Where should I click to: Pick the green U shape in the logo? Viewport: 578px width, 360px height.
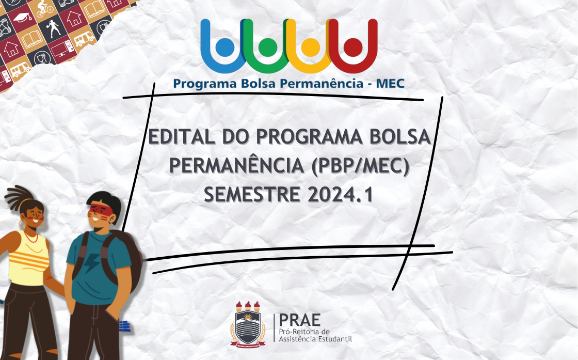(267, 46)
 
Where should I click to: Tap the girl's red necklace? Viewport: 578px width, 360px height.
(31, 238)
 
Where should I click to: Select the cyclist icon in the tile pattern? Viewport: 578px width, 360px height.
(45, 8)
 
